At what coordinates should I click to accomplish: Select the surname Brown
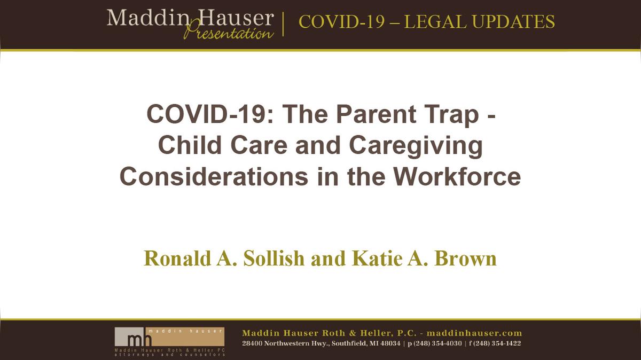[x=466, y=258]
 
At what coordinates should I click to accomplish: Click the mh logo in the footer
[x=129, y=338]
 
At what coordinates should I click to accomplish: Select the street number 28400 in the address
[x=252, y=343]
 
